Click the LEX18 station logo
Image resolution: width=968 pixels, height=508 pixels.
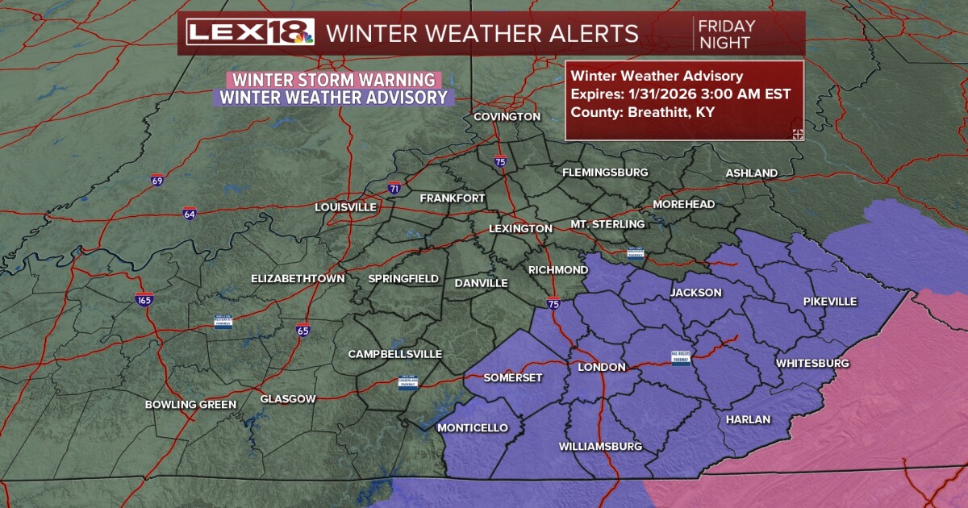click(250, 33)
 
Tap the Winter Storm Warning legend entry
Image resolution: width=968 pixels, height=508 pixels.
click(335, 81)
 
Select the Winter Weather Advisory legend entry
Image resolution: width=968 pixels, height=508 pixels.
click(333, 98)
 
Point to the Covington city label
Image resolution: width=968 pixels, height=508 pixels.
click(507, 117)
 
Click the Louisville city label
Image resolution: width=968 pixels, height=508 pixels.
click(345, 207)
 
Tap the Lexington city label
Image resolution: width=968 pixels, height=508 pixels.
click(520, 229)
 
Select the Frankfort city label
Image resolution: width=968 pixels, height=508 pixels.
click(453, 198)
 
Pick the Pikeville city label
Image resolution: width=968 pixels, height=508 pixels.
click(830, 302)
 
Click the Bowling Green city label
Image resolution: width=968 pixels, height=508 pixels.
click(190, 405)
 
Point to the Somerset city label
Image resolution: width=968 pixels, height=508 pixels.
click(513, 378)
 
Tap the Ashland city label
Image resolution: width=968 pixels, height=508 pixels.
click(751, 173)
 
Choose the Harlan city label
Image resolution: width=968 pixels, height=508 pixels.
click(748, 420)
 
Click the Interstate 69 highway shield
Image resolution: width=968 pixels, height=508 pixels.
click(157, 180)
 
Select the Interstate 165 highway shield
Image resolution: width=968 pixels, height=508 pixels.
click(144, 299)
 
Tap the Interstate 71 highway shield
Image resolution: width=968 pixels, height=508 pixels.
click(394, 188)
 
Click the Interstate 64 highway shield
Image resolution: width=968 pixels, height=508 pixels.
click(190, 214)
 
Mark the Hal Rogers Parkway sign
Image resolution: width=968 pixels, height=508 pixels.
click(682, 358)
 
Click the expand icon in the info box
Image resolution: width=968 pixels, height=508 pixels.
click(797, 134)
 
